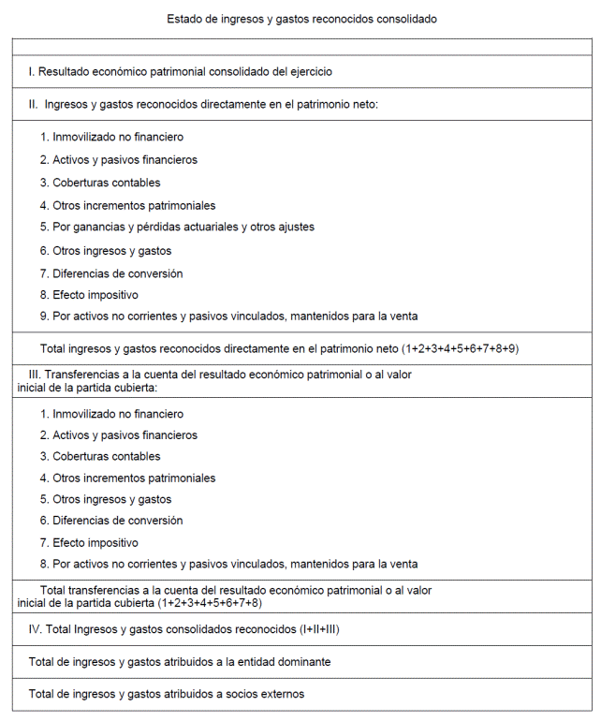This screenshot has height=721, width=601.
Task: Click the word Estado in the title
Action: [x=184, y=19]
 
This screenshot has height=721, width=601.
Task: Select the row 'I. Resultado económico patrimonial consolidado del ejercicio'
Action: [x=180, y=71]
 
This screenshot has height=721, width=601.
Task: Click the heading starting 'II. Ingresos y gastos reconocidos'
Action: [x=202, y=104]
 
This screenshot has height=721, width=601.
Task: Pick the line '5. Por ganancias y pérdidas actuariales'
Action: [x=177, y=228]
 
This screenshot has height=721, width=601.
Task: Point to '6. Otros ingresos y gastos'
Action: [x=105, y=251]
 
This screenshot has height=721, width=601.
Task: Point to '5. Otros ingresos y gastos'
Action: [x=105, y=499]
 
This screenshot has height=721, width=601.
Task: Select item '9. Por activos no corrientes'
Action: [x=228, y=316]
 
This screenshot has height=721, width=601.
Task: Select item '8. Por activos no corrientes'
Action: [x=228, y=564]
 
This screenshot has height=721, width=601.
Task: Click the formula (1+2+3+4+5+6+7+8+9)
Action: [x=461, y=348]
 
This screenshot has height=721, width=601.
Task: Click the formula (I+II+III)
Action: [x=319, y=629]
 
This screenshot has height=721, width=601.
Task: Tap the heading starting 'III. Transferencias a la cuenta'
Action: [x=220, y=375]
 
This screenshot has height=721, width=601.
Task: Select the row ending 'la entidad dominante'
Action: [x=179, y=662]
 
